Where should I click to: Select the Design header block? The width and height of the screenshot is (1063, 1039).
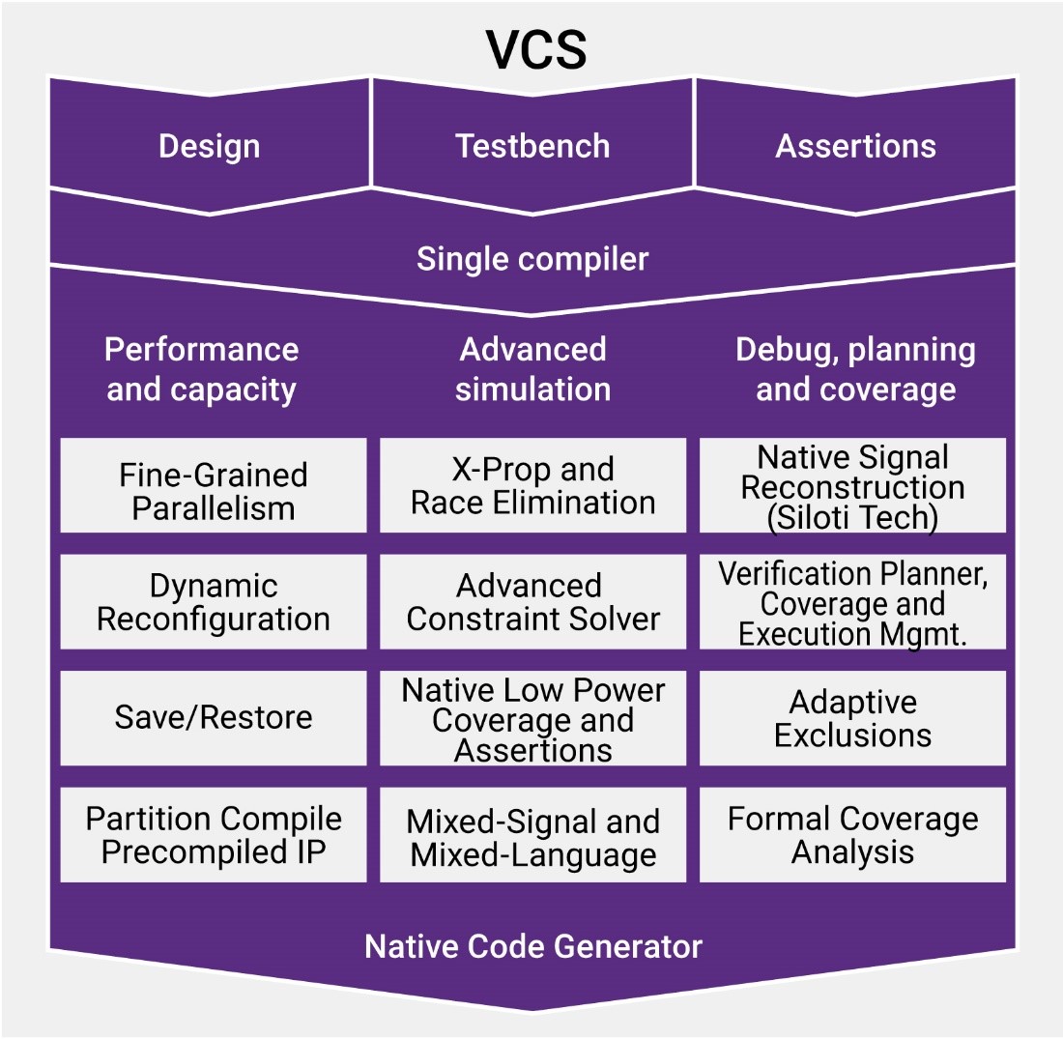pos(209,146)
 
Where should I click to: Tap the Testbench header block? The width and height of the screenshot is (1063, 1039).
pos(532,146)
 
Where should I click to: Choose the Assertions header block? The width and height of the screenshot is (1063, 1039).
pos(855,146)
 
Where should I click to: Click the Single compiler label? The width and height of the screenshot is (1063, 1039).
pos(532,259)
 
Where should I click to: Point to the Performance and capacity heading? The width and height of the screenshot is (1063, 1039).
pos(202,369)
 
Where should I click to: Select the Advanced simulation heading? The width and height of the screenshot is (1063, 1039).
pos(532,369)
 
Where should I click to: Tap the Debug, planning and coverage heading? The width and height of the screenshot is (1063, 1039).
pos(855,369)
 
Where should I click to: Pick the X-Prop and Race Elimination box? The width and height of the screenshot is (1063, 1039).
pos(532,485)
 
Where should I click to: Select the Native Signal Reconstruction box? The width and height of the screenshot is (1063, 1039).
pos(852,485)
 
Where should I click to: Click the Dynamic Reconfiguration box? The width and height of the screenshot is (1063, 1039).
pos(214,601)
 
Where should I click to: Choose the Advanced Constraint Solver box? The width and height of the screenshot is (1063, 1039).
pos(532,601)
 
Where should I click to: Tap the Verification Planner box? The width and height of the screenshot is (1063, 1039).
pos(852,601)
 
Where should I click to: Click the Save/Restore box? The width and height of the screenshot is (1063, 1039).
pos(214,717)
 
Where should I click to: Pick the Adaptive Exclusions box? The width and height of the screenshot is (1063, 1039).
pos(852,718)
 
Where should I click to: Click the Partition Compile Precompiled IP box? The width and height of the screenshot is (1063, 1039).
pos(214,834)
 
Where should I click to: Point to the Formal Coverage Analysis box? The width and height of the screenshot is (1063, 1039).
pos(852,834)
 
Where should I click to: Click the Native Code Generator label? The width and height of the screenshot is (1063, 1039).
pos(532,946)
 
